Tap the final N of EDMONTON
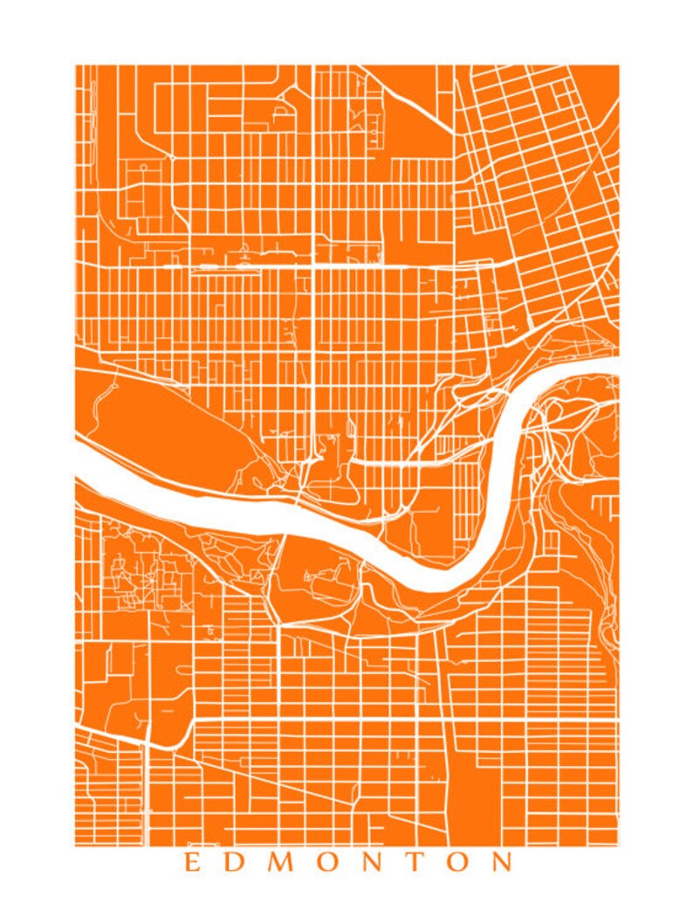pyautogui.click(x=502, y=863)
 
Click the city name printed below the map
pyautogui.click(x=347, y=863)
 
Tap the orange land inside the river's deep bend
pyautogui.click(x=428, y=515)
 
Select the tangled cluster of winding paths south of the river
pyautogui.click(x=140, y=576)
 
